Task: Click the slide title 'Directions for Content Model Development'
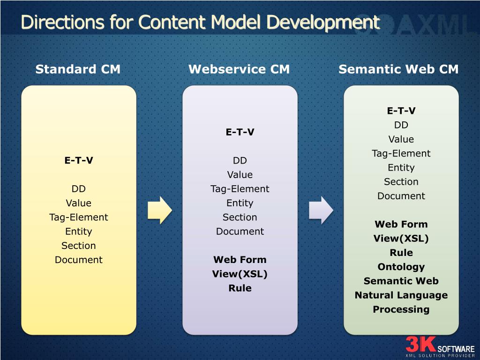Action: pos(200,22)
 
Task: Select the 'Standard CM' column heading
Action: pos(78,69)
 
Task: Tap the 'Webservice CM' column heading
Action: pos(239,69)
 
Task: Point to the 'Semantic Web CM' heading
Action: pos(398,69)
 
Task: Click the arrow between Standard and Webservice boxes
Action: pos(160,210)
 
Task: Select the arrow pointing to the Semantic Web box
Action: pos(321,210)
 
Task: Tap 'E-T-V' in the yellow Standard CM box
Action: pos(79,161)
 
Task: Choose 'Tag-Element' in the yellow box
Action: pos(79,217)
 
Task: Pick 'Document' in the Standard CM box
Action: pos(79,260)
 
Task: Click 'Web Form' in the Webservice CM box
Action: pos(240,260)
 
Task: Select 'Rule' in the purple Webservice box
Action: pos(240,288)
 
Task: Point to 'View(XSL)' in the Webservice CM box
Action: pos(240,274)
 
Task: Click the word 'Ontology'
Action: pos(401,267)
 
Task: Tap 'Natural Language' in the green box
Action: pos(401,295)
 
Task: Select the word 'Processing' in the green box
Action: pos(401,309)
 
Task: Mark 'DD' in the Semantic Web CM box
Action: pos(401,125)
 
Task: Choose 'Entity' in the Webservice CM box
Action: pos(240,203)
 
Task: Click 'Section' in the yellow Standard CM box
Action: pos(79,246)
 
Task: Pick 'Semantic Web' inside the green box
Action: pos(401,281)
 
